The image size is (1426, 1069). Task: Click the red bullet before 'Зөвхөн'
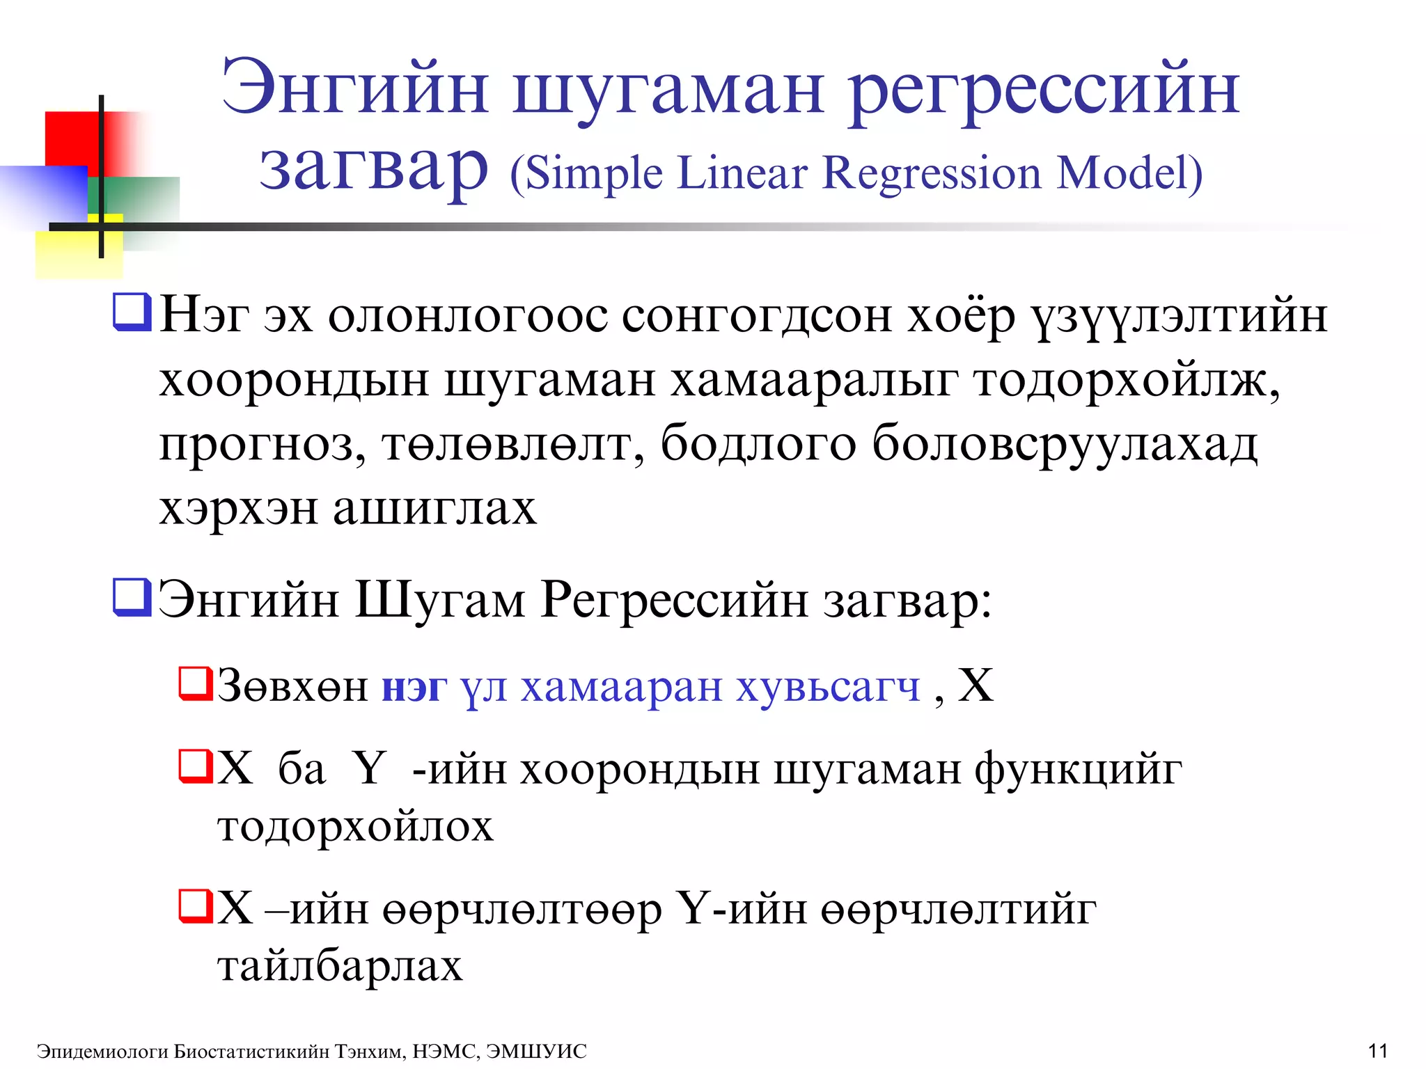[194, 683]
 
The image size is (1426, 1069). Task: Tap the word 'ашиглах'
[434, 508]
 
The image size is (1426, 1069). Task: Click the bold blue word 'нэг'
[414, 688]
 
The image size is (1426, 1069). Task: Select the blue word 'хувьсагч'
[829, 688]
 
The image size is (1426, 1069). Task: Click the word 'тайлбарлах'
[340, 966]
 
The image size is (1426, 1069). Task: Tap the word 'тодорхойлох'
[355, 827]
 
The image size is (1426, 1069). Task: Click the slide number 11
[1377, 1050]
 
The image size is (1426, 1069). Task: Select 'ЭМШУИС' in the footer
[536, 1051]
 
